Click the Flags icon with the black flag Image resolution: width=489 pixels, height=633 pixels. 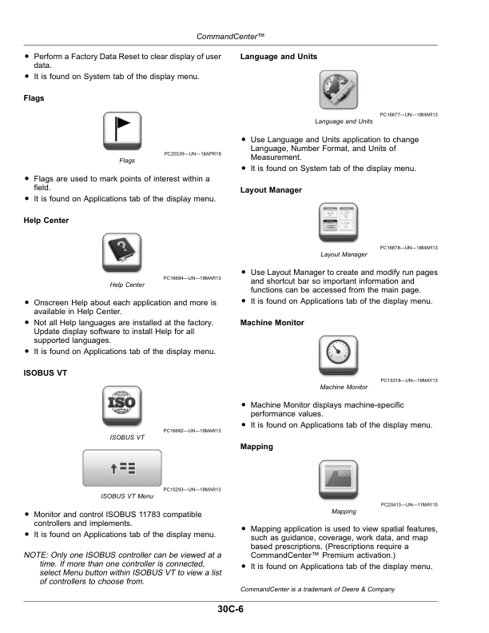(122, 131)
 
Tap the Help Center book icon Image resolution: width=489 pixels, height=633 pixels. (121, 253)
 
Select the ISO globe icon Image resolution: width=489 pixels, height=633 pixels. (121, 405)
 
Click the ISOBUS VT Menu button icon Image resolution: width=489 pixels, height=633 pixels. (122, 468)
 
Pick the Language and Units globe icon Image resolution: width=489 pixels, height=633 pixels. (339, 90)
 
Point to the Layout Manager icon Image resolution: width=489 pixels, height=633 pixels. (339, 222)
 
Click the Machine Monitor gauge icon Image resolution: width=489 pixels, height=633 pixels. (339, 355)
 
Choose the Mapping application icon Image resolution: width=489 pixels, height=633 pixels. (339, 480)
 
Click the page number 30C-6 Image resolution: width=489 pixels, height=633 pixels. (230, 609)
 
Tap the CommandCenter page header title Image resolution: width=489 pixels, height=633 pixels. (230, 36)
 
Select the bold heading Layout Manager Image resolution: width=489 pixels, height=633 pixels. (271, 190)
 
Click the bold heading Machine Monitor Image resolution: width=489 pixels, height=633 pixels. (272, 323)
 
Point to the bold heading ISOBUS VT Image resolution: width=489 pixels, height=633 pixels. (46, 373)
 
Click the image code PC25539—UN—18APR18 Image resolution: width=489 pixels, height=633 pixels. (193, 153)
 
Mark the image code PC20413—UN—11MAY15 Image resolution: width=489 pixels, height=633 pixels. (409, 504)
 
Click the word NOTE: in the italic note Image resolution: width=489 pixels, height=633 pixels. (35, 555)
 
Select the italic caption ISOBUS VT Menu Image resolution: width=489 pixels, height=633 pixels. (127, 496)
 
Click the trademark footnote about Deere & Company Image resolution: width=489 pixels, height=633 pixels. (317, 589)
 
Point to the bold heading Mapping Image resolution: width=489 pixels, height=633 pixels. (256, 447)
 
